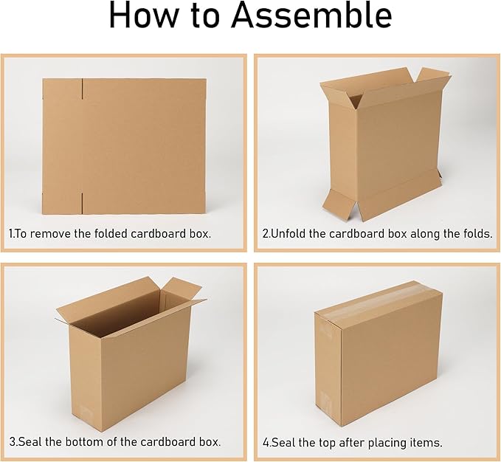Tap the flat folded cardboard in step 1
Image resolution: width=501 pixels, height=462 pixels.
pos(123,145)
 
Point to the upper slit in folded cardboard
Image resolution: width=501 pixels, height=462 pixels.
pos(83,90)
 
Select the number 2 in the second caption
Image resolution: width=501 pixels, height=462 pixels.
pos(266,233)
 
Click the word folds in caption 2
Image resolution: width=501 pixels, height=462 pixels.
pos(475,233)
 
